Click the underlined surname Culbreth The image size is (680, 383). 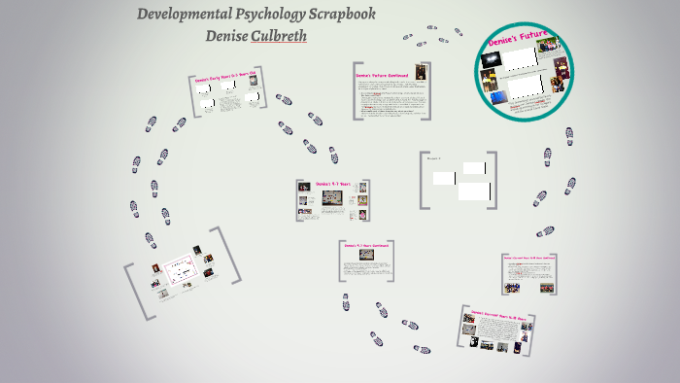coord(280,36)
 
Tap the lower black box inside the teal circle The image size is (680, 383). coord(527,87)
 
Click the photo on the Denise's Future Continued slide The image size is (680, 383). coord(421,74)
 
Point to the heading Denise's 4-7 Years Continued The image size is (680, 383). coord(365,245)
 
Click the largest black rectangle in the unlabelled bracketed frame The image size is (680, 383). coord(475,191)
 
